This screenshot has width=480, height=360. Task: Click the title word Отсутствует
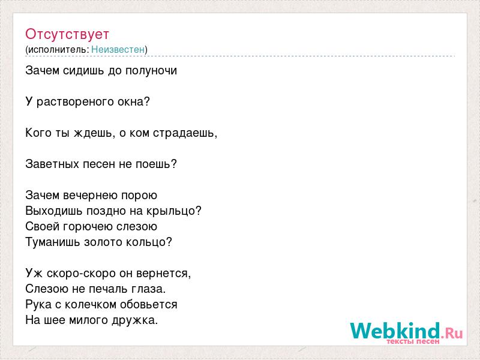tap(67, 34)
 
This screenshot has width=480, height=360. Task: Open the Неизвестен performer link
tap(118, 49)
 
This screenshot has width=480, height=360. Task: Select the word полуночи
tap(151, 71)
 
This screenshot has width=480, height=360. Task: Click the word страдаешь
tap(184, 133)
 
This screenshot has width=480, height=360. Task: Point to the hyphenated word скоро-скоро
tap(81, 274)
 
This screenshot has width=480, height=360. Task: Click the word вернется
tap(162, 274)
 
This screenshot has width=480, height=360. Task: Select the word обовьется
tap(149, 305)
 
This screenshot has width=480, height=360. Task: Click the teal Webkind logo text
tap(395, 331)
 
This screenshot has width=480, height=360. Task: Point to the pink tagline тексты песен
tap(413, 341)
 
